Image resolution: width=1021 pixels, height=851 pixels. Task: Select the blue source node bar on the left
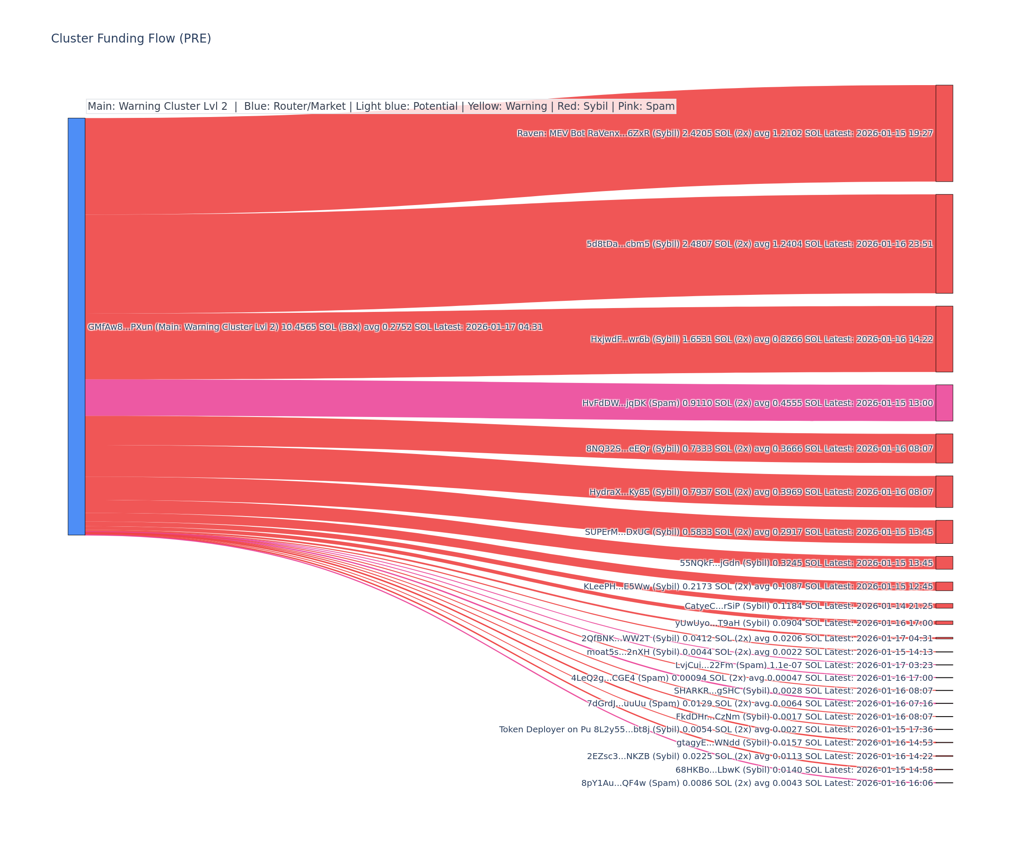[x=76, y=326]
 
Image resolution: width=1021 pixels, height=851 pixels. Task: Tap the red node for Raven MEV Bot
[x=944, y=133]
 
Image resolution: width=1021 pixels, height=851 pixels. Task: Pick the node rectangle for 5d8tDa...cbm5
[x=944, y=244]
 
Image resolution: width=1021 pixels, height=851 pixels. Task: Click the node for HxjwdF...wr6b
[x=944, y=339]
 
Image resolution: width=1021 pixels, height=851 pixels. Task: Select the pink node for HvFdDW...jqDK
[x=944, y=403]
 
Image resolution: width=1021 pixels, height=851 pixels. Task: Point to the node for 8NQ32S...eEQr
[x=944, y=448]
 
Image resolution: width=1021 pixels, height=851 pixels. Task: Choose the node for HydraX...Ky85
[x=944, y=491]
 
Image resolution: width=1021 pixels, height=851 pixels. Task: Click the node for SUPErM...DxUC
[x=944, y=531]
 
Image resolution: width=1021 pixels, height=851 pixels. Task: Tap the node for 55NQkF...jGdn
[x=944, y=563]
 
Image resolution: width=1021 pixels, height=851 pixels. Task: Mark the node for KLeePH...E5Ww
[x=944, y=586]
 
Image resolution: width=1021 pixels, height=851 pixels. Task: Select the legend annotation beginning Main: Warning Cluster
[x=381, y=106]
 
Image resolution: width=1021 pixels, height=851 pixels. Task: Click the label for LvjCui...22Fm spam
[x=804, y=665]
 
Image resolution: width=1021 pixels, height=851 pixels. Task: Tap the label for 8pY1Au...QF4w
[x=757, y=782]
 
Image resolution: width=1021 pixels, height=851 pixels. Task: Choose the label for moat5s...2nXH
[x=759, y=651]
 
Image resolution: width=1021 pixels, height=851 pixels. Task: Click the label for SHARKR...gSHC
[x=803, y=691]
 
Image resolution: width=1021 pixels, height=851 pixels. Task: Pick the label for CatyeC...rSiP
[x=809, y=606]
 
